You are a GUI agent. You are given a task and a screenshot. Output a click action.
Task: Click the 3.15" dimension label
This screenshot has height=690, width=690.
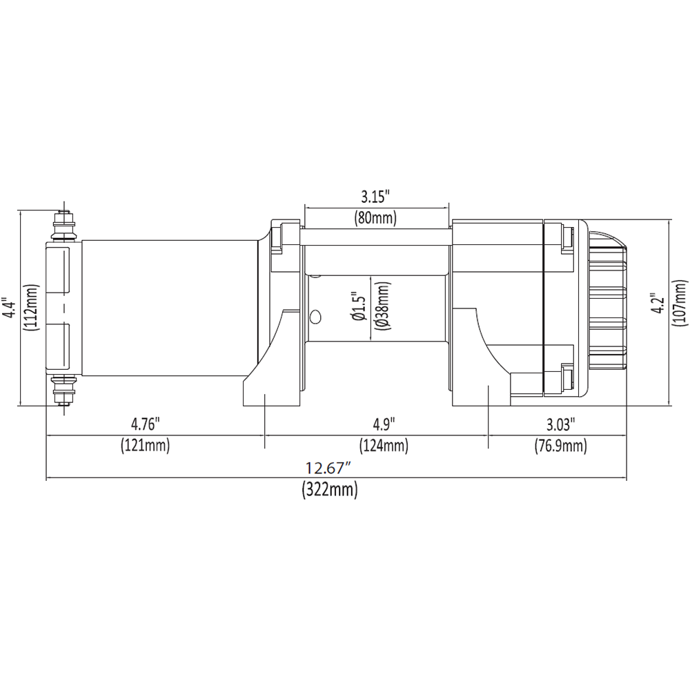pyautogui.click(x=375, y=195)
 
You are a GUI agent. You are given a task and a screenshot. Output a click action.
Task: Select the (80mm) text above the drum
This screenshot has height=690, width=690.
pyautogui.click(x=375, y=219)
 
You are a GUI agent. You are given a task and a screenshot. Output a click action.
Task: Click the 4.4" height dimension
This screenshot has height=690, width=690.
pyautogui.click(x=10, y=308)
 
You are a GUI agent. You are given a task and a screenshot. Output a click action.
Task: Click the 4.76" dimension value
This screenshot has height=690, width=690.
pyautogui.click(x=145, y=422)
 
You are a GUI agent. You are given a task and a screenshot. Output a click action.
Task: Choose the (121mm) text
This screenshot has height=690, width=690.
pyautogui.click(x=145, y=445)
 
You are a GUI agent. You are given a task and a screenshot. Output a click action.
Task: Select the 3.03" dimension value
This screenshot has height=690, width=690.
pyautogui.click(x=560, y=422)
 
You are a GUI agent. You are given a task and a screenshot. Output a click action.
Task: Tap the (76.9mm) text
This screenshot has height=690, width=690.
pyautogui.click(x=560, y=445)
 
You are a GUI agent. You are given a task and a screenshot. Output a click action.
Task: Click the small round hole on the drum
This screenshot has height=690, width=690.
pyautogui.click(x=316, y=316)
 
